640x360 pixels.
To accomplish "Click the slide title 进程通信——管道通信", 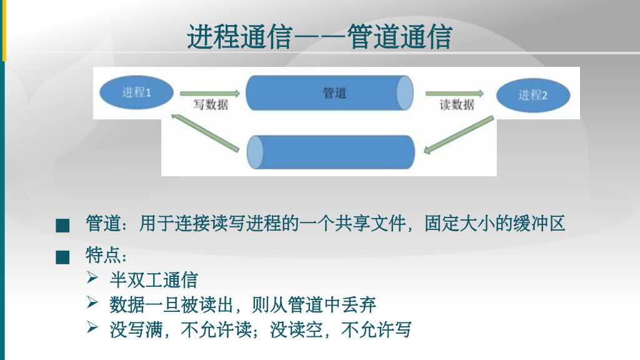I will tap(319, 37).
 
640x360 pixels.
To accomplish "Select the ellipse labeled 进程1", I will tap(137, 93).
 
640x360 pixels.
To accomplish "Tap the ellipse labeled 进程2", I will tap(532, 95).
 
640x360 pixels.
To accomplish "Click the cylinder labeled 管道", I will tap(329, 93).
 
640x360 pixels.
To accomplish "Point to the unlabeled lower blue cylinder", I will tap(331, 152).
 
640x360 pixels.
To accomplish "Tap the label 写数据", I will tap(211, 105).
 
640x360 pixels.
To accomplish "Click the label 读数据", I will tap(457, 105).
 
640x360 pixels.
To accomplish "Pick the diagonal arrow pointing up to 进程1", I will tap(206, 132).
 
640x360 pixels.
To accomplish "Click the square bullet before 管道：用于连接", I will tap(62, 225).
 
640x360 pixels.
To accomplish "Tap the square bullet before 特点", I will tap(62, 257).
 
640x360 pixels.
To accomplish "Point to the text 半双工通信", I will tap(153, 279).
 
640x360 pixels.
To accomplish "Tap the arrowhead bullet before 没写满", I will tap(93, 327).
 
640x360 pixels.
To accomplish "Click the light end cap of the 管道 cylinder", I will tap(405, 93).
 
